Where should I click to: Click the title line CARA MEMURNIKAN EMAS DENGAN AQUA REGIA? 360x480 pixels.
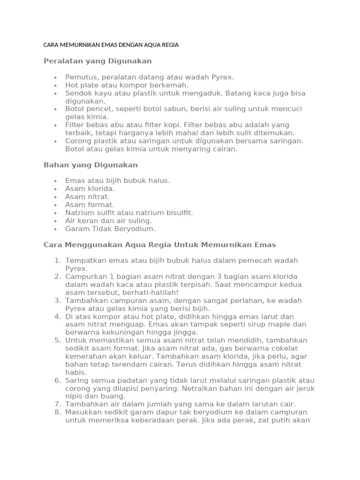click(111, 45)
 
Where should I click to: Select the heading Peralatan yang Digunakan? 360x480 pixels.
click(97, 61)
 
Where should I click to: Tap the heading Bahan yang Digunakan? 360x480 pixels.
click(90, 165)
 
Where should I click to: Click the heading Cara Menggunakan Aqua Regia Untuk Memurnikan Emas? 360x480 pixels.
click(159, 245)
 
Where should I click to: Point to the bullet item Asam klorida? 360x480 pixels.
click(90, 188)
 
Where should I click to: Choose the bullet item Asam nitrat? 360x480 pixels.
click(87, 196)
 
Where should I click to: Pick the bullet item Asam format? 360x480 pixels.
click(90, 204)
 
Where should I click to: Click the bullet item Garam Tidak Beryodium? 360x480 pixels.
click(110, 229)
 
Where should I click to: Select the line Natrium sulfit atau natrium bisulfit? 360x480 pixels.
click(129, 212)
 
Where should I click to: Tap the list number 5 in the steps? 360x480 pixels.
click(58, 340)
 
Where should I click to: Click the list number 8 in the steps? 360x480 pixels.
click(58, 412)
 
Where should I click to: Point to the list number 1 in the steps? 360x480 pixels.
click(58, 261)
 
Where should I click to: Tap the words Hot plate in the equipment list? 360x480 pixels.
click(81, 85)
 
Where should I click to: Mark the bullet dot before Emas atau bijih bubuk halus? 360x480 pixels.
click(55, 180)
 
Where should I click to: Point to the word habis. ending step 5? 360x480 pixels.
click(76, 372)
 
